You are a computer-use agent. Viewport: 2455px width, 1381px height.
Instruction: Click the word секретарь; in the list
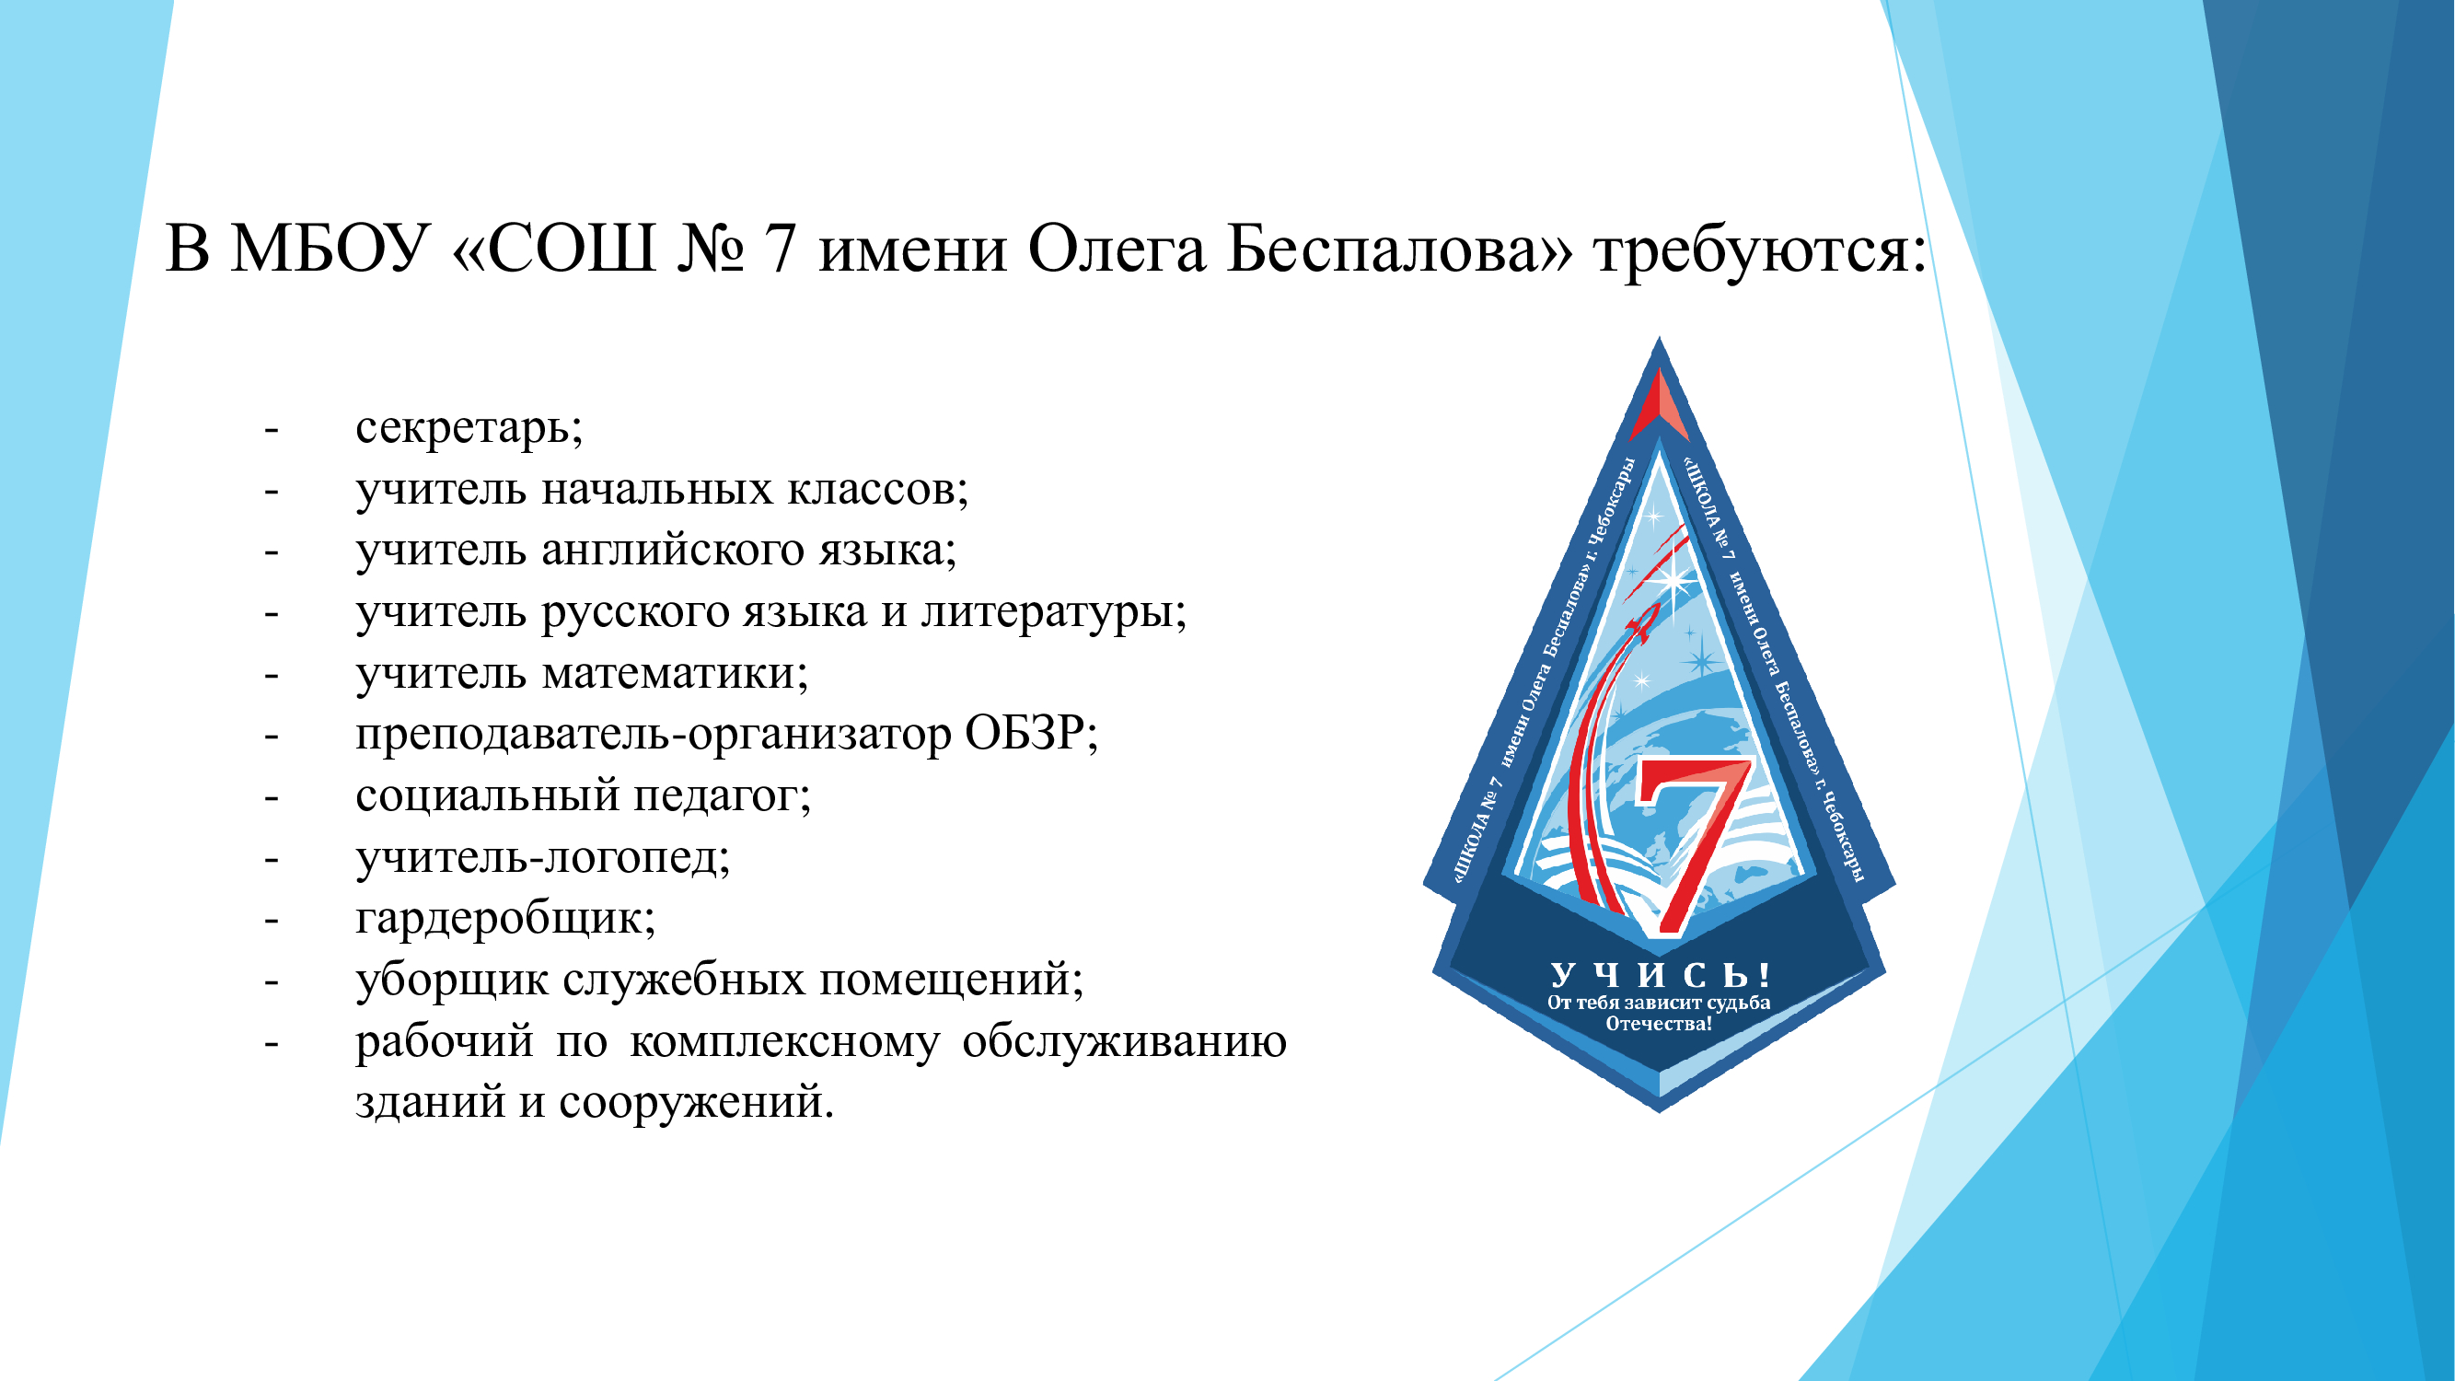(469, 428)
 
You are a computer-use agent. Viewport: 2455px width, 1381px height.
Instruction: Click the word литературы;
(1054, 613)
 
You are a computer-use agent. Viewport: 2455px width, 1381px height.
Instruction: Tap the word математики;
(676, 674)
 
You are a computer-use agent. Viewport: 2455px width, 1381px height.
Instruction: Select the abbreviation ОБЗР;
(1032, 734)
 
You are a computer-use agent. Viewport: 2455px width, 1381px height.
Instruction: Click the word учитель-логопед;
(543, 858)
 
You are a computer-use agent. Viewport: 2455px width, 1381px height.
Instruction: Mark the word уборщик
(452, 981)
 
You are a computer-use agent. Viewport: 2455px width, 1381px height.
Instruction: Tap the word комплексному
(784, 1041)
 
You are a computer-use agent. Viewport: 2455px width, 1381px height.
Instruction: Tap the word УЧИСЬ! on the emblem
(1661, 975)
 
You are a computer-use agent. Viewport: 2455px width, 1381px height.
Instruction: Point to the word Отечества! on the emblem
(1660, 1025)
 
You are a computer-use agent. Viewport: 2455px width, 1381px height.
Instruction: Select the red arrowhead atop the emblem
(1660, 405)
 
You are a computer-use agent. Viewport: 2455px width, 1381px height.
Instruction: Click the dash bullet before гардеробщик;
(272, 921)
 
